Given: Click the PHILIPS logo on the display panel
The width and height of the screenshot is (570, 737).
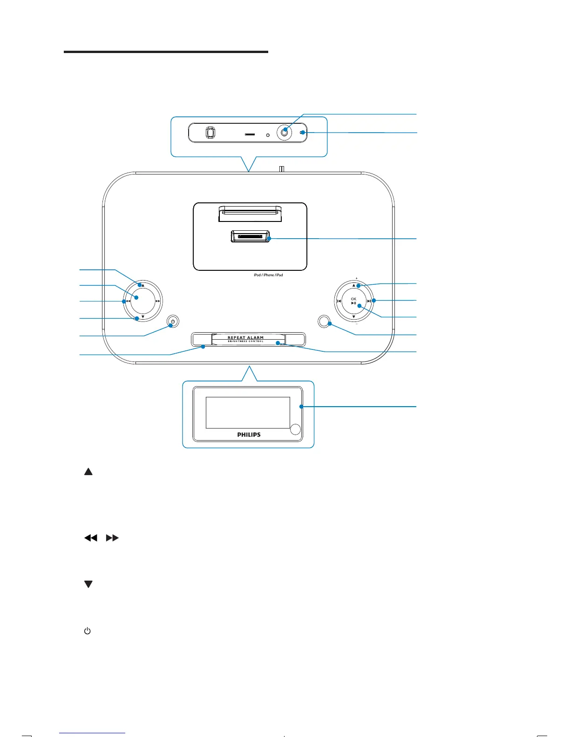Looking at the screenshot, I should click(x=249, y=435).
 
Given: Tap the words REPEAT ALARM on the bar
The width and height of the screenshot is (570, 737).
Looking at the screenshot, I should click(x=245, y=338).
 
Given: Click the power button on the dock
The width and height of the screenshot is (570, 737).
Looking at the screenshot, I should click(x=173, y=321).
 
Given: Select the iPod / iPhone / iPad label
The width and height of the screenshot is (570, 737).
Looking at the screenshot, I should click(x=268, y=275).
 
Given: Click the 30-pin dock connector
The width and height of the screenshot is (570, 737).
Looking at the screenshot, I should click(x=250, y=237).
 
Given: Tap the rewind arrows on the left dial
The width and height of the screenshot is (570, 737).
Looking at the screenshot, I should click(x=128, y=301).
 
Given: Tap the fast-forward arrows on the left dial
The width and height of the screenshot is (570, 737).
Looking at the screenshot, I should click(x=158, y=301).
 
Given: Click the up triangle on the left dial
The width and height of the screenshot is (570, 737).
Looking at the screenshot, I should click(x=143, y=285).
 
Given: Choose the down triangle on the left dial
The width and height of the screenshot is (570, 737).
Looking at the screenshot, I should click(x=143, y=317).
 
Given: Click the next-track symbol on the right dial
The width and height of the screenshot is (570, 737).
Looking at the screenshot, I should click(x=368, y=301).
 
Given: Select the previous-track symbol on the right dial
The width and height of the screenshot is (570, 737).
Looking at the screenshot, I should click(x=339, y=301).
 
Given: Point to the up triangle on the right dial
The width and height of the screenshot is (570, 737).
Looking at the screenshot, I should click(x=353, y=285).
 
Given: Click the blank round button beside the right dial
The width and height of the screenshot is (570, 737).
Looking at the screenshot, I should click(x=323, y=321).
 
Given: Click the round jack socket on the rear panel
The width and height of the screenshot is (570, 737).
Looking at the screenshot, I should click(x=285, y=133).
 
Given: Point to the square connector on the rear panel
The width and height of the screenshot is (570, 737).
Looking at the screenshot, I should click(x=210, y=133).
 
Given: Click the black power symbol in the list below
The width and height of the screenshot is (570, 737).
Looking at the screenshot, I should click(x=87, y=631).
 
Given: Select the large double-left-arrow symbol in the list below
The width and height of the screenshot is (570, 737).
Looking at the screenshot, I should click(x=91, y=538).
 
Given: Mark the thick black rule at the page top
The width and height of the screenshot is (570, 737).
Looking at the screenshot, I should click(x=166, y=52).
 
